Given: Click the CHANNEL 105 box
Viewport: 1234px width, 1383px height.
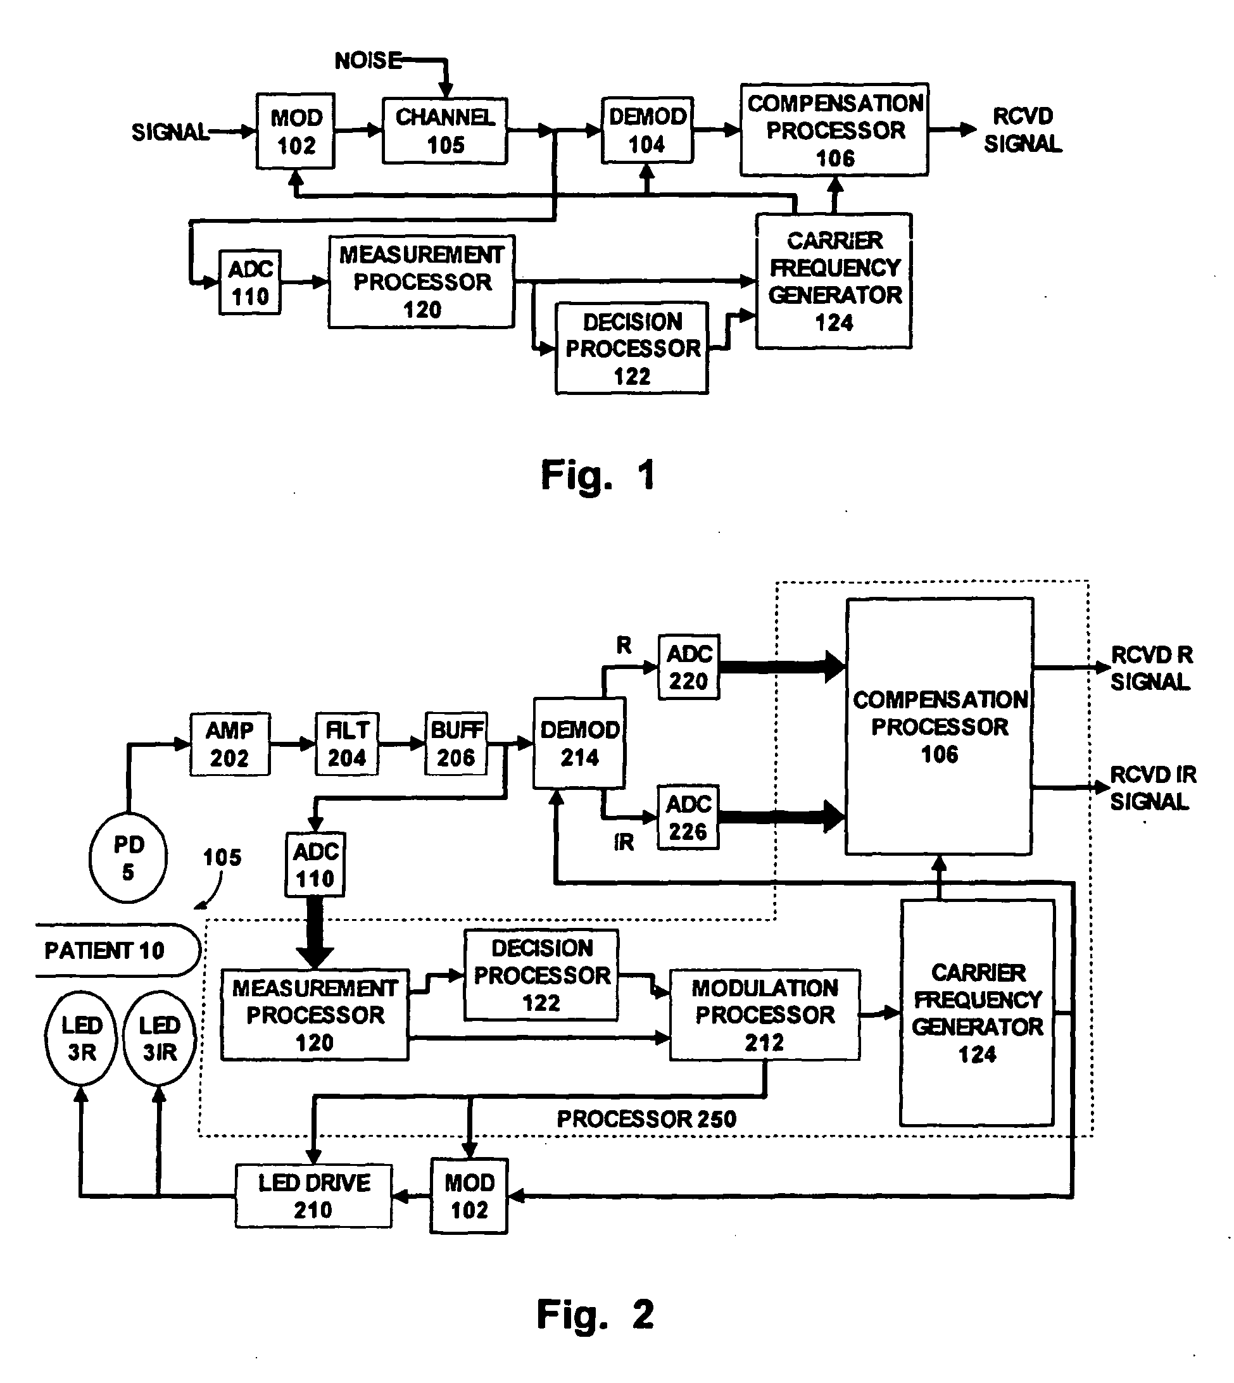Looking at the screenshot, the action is (x=444, y=131).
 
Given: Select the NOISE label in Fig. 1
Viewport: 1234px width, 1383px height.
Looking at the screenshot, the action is (x=368, y=60).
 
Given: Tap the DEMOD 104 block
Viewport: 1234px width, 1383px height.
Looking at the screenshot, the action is (x=648, y=130).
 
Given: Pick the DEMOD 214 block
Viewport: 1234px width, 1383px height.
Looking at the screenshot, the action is (x=579, y=743).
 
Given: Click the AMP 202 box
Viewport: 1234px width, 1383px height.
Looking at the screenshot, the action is (x=230, y=744).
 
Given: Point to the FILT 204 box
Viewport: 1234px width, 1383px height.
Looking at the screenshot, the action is (x=347, y=744).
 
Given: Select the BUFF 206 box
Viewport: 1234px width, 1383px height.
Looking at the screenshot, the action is (x=456, y=744).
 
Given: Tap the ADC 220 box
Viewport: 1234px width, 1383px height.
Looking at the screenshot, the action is (x=689, y=667).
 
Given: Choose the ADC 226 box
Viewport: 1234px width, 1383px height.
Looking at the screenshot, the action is (x=688, y=818).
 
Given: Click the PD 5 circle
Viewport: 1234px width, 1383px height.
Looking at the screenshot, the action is (x=128, y=858).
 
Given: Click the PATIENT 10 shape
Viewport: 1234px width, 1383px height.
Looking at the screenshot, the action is (x=115, y=950).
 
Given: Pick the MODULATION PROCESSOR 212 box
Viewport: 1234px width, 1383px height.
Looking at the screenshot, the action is (x=765, y=1015).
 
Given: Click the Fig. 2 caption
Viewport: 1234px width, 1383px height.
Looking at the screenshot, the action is (x=595, y=1315).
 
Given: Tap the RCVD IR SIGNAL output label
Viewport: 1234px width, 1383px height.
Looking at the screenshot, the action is (x=1152, y=788).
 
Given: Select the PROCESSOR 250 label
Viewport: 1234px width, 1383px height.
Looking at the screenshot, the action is (x=646, y=1119).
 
